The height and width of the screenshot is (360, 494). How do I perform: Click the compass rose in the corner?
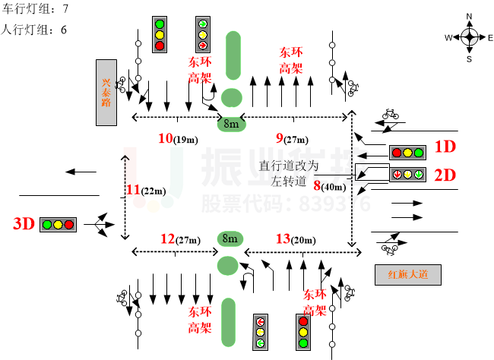[x=469, y=36]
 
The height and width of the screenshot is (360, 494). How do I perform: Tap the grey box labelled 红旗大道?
[x=408, y=274]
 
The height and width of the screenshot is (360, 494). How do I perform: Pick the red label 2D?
[x=445, y=175]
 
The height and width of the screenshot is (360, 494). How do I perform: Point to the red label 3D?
[x=24, y=224]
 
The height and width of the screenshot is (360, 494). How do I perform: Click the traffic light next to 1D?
[x=407, y=152]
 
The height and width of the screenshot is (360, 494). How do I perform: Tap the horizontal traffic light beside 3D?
[x=58, y=225]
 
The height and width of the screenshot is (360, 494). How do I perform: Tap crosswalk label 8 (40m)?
[x=329, y=185]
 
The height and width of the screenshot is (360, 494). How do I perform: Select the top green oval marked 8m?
[x=231, y=123]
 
